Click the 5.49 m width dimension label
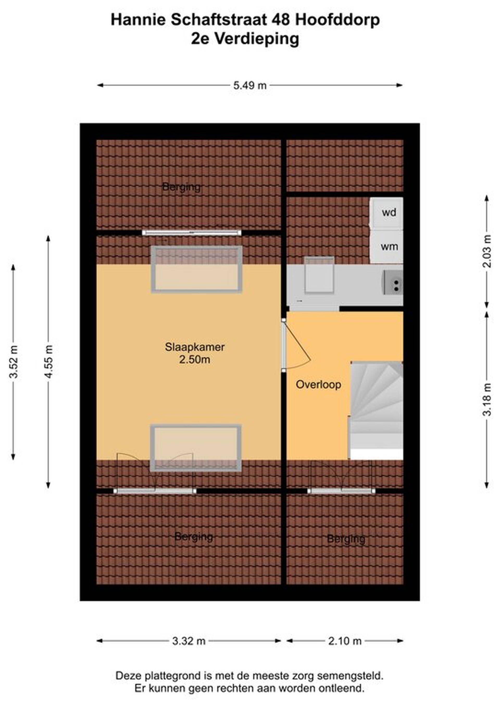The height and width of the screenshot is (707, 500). point(250,85)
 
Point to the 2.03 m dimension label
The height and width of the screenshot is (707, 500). point(487,251)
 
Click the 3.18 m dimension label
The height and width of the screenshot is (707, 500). point(487,399)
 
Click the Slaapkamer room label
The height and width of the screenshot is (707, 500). point(195,347)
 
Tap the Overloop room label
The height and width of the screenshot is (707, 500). point(318,385)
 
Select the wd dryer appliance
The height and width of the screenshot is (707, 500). point(387,213)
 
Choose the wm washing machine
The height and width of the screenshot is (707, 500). point(387,247)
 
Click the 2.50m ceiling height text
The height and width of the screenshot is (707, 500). point(195,359)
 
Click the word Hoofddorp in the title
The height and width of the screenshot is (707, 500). point(337,20)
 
